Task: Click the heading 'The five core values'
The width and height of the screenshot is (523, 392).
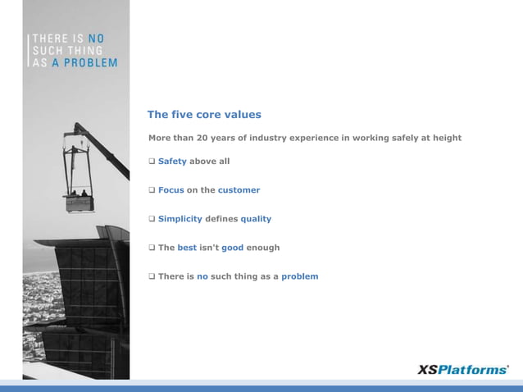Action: tap(204, 115)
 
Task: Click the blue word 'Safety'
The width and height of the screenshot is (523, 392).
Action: tap(172, 162)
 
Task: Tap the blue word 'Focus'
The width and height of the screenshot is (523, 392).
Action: tap(171, 190)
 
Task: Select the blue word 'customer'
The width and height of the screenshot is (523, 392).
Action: tap(239, 190)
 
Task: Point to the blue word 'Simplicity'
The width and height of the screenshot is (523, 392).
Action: tap(180, 219)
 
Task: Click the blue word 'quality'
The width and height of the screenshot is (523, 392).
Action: tap(256, 219)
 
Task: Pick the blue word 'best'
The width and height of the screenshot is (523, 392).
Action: tap(187, 248)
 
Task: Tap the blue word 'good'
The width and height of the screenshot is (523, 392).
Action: tap(232, 248)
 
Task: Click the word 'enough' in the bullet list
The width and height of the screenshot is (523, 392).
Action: tap(263, 248)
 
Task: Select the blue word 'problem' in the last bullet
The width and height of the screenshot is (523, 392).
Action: tap(299, 276)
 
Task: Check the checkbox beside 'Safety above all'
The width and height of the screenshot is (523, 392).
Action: tap(152, 162)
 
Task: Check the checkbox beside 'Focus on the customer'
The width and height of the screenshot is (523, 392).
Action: tap(152, 190)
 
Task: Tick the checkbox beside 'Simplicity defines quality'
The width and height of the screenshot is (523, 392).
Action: tap(152, 219)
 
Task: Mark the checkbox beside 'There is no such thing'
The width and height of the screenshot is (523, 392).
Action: tap(152, 276)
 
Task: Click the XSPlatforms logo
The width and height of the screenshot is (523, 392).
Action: tap(463, 370)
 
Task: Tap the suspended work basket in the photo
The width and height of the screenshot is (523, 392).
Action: tap(80, 199)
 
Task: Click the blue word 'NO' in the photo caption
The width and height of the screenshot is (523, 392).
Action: tap(95, 38)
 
